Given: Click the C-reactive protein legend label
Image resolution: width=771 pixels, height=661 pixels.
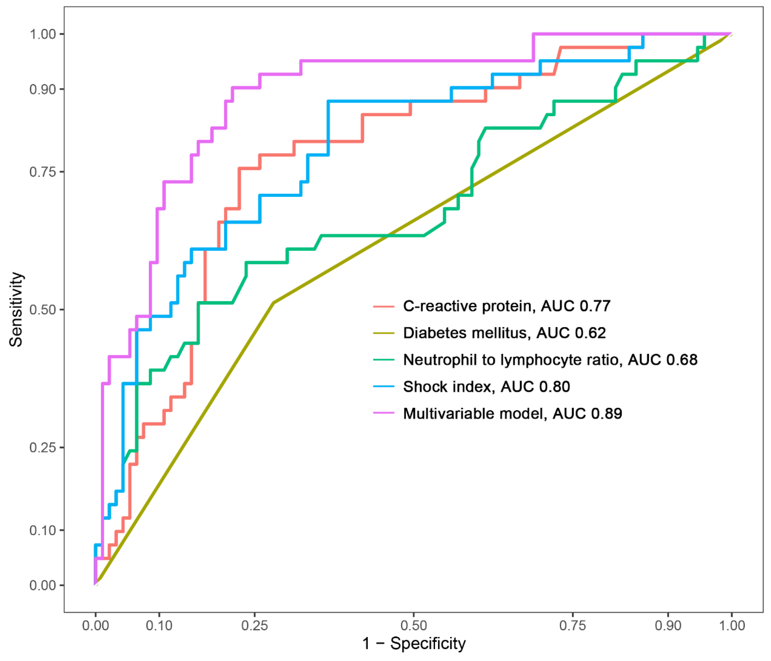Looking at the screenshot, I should (x=506, y=306).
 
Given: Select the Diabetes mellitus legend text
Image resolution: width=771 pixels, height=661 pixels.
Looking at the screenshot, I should (x=504, y=333).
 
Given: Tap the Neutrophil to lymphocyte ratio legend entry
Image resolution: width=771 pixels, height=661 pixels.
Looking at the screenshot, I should (x=550, y=360).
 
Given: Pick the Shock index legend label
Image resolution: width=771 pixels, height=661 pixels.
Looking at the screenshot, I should (x=486, y=387).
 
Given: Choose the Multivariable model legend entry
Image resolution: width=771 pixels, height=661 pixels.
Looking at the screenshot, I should (x=512, y=414).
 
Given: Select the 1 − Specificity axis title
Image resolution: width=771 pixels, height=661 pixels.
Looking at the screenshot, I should (x=414, y=643).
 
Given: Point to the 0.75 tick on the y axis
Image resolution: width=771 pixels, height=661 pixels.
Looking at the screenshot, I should (x=43, y=172).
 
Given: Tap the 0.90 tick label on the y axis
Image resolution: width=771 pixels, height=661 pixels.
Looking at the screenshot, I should (x=43, y=90).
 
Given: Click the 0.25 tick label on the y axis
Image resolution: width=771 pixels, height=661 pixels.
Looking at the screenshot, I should (x=43, y=447).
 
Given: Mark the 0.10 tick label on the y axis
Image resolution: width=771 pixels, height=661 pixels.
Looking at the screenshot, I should (x=43, y=530).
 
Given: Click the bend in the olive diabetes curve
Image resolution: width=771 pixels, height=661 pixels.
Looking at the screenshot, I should (x=274, y=303).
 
